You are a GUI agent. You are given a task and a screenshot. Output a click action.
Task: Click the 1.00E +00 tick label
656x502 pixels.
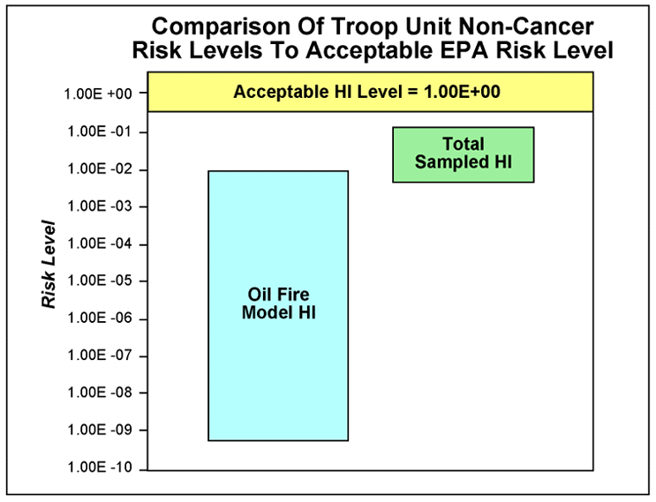point(99,94)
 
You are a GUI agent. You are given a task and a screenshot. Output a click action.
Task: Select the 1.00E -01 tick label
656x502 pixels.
point(99,132)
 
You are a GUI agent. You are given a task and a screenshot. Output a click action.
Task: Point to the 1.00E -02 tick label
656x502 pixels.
point(99,169)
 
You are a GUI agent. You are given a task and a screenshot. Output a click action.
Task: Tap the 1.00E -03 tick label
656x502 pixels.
point(99,207)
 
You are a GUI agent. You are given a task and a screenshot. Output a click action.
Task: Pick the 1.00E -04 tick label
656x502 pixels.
point(99,244)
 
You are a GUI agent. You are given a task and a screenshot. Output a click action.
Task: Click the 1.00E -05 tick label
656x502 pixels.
point(99,281)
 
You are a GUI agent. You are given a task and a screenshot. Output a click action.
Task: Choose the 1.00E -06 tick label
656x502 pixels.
point(99,319)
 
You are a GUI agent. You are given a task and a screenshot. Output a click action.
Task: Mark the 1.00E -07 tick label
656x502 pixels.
point(99,356)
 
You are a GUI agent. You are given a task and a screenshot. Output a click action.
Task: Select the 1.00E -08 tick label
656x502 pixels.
point(99,393)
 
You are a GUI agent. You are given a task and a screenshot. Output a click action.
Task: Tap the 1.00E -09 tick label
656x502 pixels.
point(99,431)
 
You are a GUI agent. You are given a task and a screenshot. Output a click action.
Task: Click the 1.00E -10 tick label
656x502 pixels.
point(99,468)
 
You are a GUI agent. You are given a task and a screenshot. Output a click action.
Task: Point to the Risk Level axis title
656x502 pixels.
point(50,265)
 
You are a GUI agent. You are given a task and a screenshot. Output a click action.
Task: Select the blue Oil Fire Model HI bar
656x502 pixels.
point(278,371)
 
